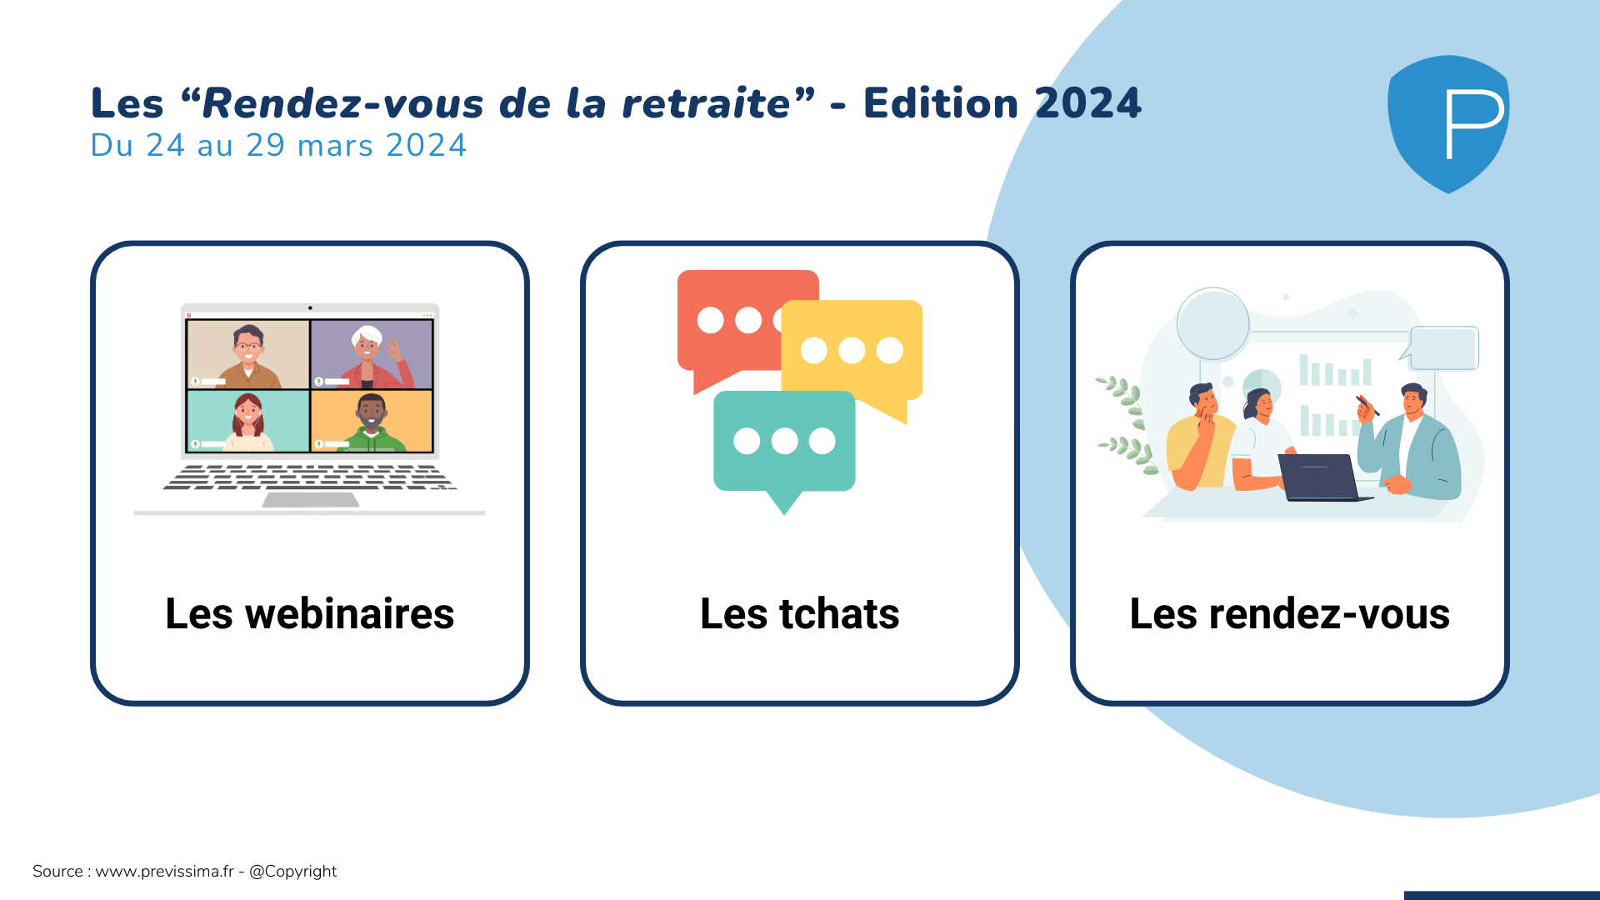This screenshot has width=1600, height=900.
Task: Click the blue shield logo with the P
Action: (1448, 123)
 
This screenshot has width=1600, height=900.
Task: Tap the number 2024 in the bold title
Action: (1087, 103)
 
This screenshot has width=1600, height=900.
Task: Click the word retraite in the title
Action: (706, 103)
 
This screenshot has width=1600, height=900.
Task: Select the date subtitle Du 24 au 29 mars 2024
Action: (278, 145)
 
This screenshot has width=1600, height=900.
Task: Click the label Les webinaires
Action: (310, 614)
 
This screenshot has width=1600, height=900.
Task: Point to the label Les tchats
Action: (800, 614)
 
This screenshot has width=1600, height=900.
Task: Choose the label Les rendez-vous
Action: (1290, 614)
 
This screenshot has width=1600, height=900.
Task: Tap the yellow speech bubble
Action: (852, 354)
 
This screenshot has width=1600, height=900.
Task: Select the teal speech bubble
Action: (784, 446)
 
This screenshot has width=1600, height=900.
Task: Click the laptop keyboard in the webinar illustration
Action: (310, 477)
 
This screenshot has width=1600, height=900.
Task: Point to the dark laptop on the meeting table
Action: (1324, 477)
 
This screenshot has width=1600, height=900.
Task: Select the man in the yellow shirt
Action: (1200, 437)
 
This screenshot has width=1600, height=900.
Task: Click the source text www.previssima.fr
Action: (164, 872)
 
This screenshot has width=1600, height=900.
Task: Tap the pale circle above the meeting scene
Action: (1212, 324)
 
